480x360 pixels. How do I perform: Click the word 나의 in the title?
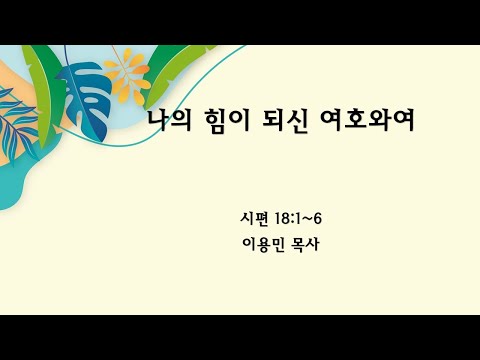point(169,119)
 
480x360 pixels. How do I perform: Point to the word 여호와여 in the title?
point(363,119)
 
